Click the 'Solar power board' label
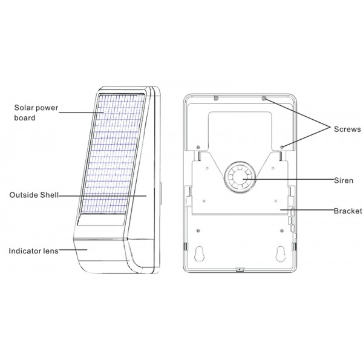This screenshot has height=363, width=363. tap(36, 113)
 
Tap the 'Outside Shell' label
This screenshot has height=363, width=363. tap(34, 195)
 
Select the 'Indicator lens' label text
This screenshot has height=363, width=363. tap(33, 251)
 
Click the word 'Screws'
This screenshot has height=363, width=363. tap(347, 129)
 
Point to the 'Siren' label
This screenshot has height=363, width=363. tap(344, 180)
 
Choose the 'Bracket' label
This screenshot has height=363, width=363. tap(348, 211)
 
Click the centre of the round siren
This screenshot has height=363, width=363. tap(240, 177)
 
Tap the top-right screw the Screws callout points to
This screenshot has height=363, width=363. tap(264, 99)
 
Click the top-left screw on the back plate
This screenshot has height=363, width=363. tap(216, 98)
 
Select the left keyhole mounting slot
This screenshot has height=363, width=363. tap(199, 254)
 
